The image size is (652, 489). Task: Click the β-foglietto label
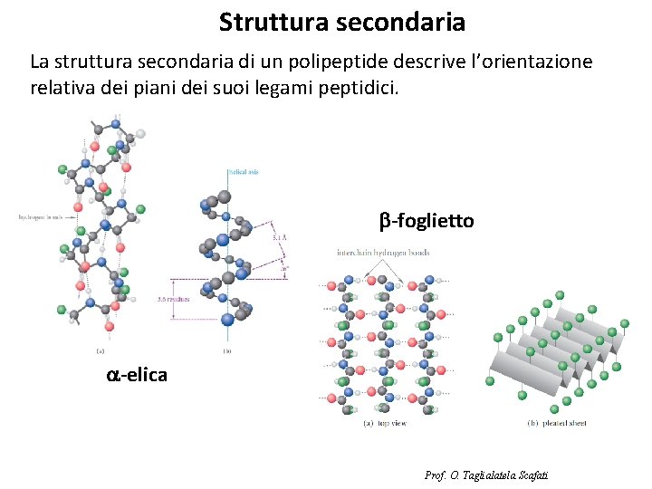[x=426, y=220]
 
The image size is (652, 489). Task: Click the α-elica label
[x=137, y=373]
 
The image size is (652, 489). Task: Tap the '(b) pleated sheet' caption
[x=557, y=423]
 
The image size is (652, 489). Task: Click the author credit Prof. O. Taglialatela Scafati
[x=486, y=475]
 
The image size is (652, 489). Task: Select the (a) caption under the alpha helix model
[x=101, y=351]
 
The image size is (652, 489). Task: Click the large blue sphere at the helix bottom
[x=228, y=317]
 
